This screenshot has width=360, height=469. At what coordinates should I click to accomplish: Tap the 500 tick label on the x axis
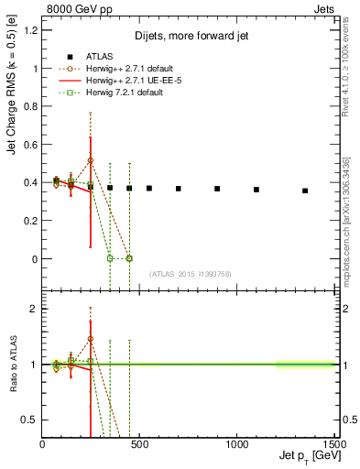(139, 443)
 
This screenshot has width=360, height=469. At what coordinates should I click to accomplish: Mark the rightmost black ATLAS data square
(305, 191)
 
